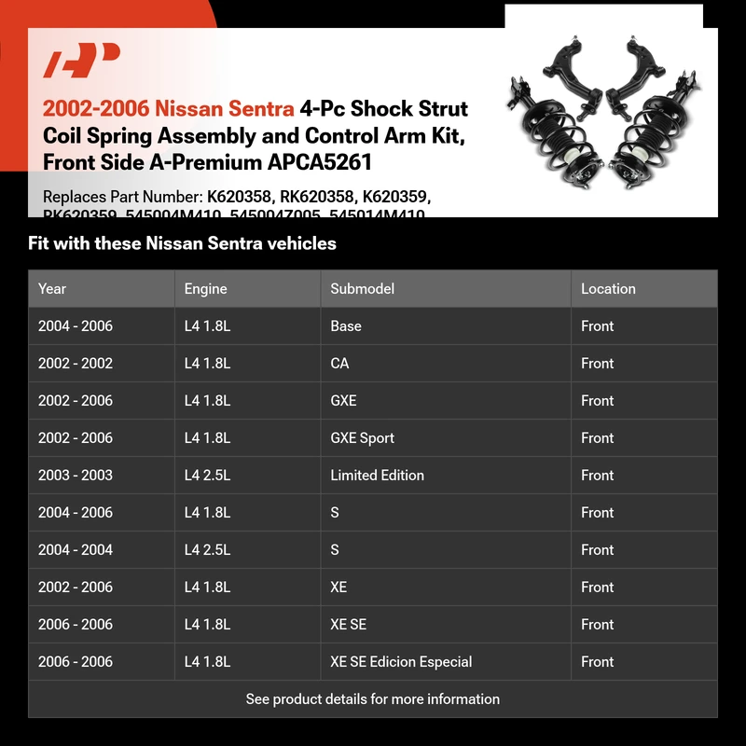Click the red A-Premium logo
82,62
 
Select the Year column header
52,289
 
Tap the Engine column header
205,289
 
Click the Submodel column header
362,289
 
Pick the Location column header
607,289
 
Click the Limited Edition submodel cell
377,476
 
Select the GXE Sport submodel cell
362,438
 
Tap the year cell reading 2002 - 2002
75,364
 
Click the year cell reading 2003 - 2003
75,476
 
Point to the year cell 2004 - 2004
75,550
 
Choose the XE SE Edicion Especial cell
401,662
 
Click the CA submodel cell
339,364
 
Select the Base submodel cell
345,326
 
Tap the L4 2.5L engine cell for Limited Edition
207,476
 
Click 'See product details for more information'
373,699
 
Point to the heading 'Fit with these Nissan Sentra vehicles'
182,244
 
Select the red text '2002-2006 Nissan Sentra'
168,109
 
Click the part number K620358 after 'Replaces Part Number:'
238,198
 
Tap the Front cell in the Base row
597,326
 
